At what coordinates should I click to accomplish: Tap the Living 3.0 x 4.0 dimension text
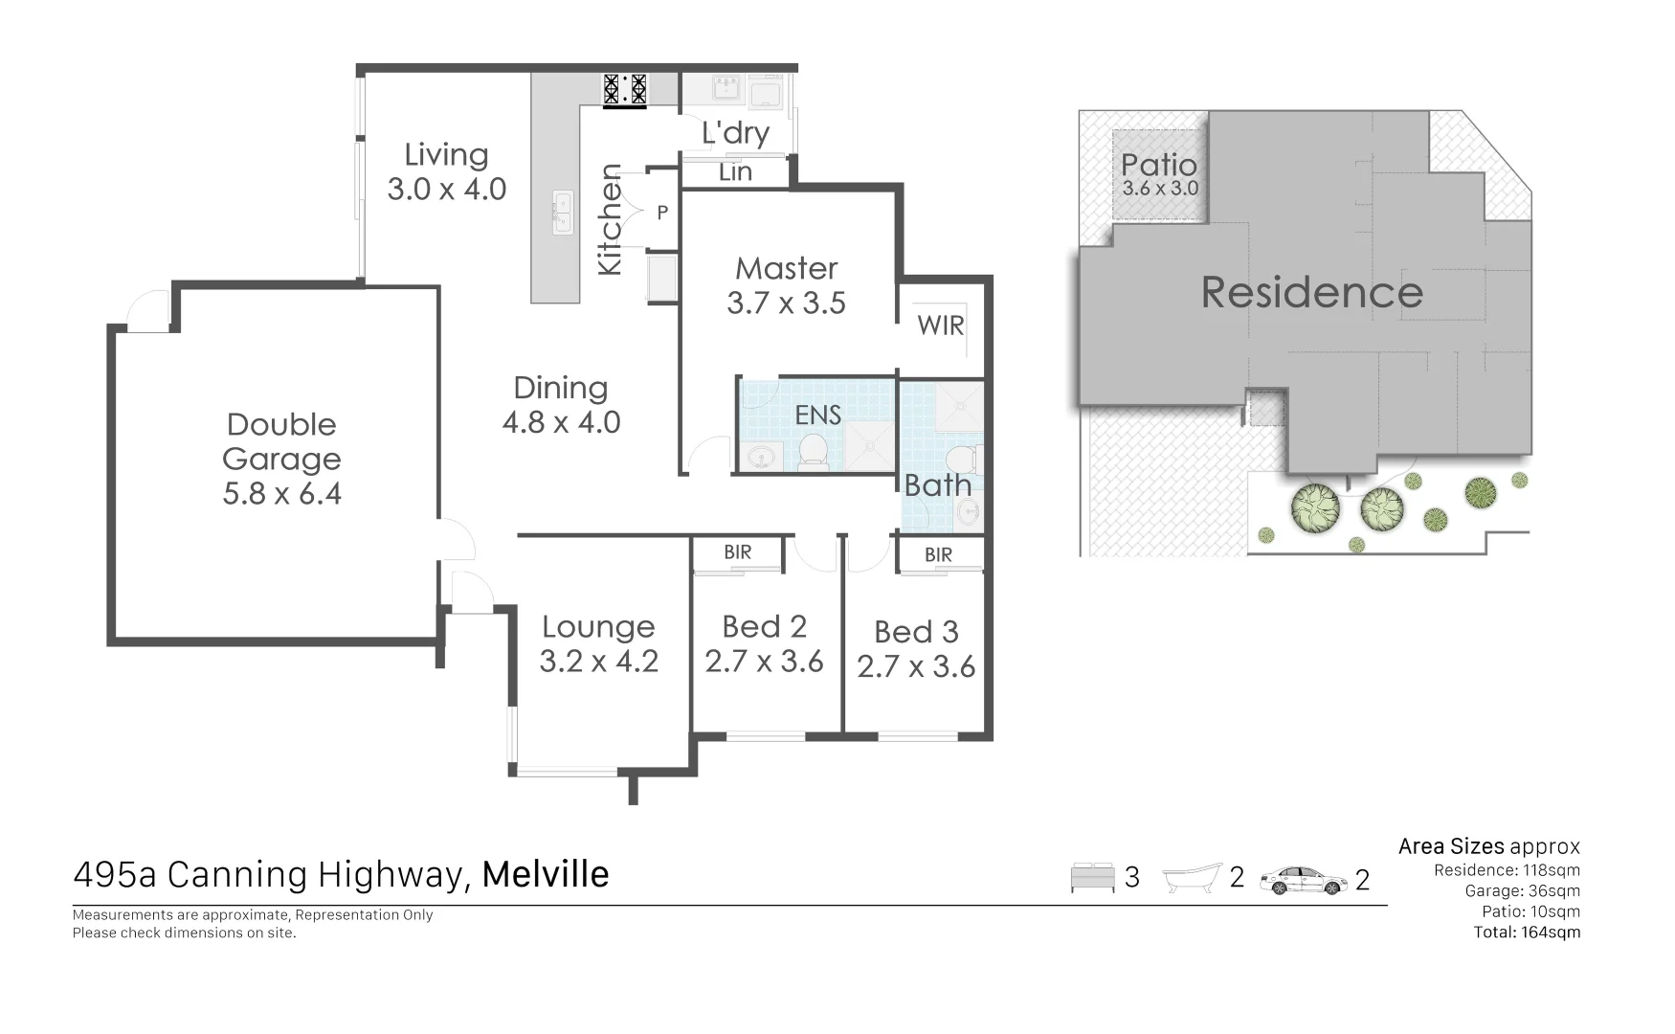(446, 190)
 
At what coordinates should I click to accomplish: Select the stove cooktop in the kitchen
(624, 89)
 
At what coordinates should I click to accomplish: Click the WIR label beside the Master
(940, 326)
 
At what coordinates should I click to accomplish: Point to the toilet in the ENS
(813, 452)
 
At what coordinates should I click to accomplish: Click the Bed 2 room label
(764, 627)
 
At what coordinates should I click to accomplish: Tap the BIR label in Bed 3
(938, 554)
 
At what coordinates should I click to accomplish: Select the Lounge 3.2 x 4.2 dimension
(598, 662)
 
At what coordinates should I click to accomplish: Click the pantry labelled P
(661, 213)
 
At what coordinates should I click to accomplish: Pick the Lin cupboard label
(735, 172)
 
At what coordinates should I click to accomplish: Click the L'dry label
(735, 133)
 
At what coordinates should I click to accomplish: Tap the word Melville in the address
(546, 874)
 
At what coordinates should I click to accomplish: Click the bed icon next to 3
(1092, 878)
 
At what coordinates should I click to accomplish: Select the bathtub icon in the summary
(1192, 878)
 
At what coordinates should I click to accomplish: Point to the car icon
(1302, 879)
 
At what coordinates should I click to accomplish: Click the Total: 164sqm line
(1527, 933)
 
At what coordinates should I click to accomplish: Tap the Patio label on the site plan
(1158, 165)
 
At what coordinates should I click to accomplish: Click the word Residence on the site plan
(1311, 292)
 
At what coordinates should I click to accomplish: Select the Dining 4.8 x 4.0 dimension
(562, 422)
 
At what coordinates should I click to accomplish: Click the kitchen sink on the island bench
(562, 212)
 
